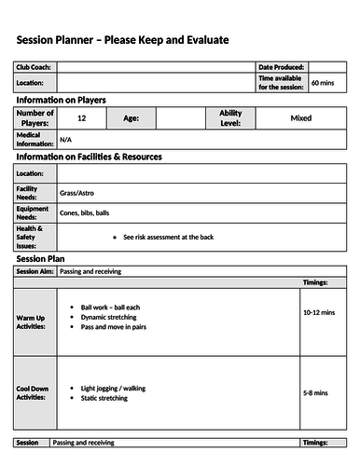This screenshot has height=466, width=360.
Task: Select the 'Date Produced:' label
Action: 282,67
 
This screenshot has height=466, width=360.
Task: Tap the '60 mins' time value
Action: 322,83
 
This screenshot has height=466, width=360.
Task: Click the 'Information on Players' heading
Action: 62,100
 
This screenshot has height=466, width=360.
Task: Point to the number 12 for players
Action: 82,118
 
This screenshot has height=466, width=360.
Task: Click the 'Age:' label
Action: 131,118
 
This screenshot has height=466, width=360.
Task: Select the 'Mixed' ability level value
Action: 301,118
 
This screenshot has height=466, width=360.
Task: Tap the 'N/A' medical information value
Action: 65,140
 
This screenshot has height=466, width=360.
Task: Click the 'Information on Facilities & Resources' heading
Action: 89,157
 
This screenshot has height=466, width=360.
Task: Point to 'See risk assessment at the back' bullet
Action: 173,237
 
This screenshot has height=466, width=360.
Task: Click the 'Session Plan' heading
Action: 40,258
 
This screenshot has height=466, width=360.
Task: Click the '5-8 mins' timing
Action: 315,393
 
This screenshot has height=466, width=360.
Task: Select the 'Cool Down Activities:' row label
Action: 35,392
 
